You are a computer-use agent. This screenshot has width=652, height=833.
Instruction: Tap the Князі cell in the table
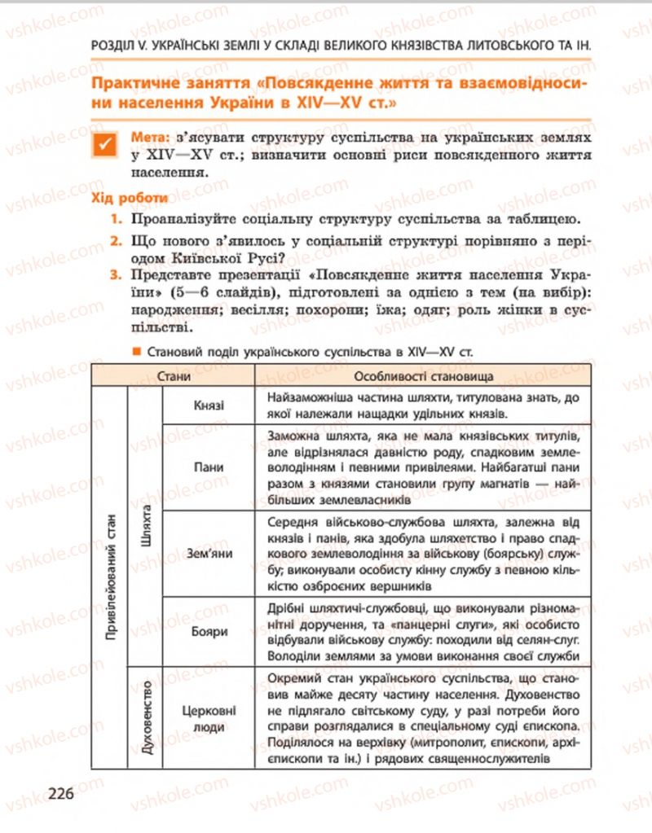[209, 406]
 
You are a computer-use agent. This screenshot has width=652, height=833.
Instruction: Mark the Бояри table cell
[209, 630]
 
